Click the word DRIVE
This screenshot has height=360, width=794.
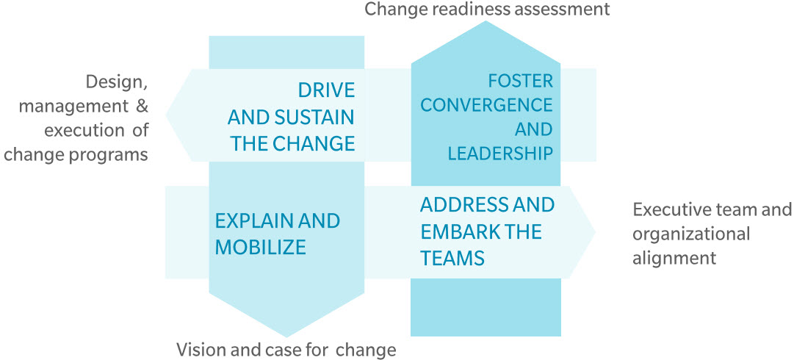[326, 90]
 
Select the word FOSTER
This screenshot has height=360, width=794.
[520, 80]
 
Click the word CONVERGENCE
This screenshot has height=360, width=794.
[487, 105]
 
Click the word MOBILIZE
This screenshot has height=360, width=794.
[260, 248]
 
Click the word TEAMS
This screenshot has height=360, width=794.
[452, 258]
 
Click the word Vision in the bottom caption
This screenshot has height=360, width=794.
[198, 350]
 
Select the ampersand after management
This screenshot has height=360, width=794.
[142, 107]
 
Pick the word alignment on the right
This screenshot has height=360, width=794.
[675, 258]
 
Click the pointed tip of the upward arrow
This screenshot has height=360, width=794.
[486, 21]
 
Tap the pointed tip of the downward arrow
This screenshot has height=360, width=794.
[286, 336]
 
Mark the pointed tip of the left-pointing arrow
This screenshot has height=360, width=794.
[166, 115]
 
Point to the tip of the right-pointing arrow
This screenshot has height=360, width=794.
[596, 232]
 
